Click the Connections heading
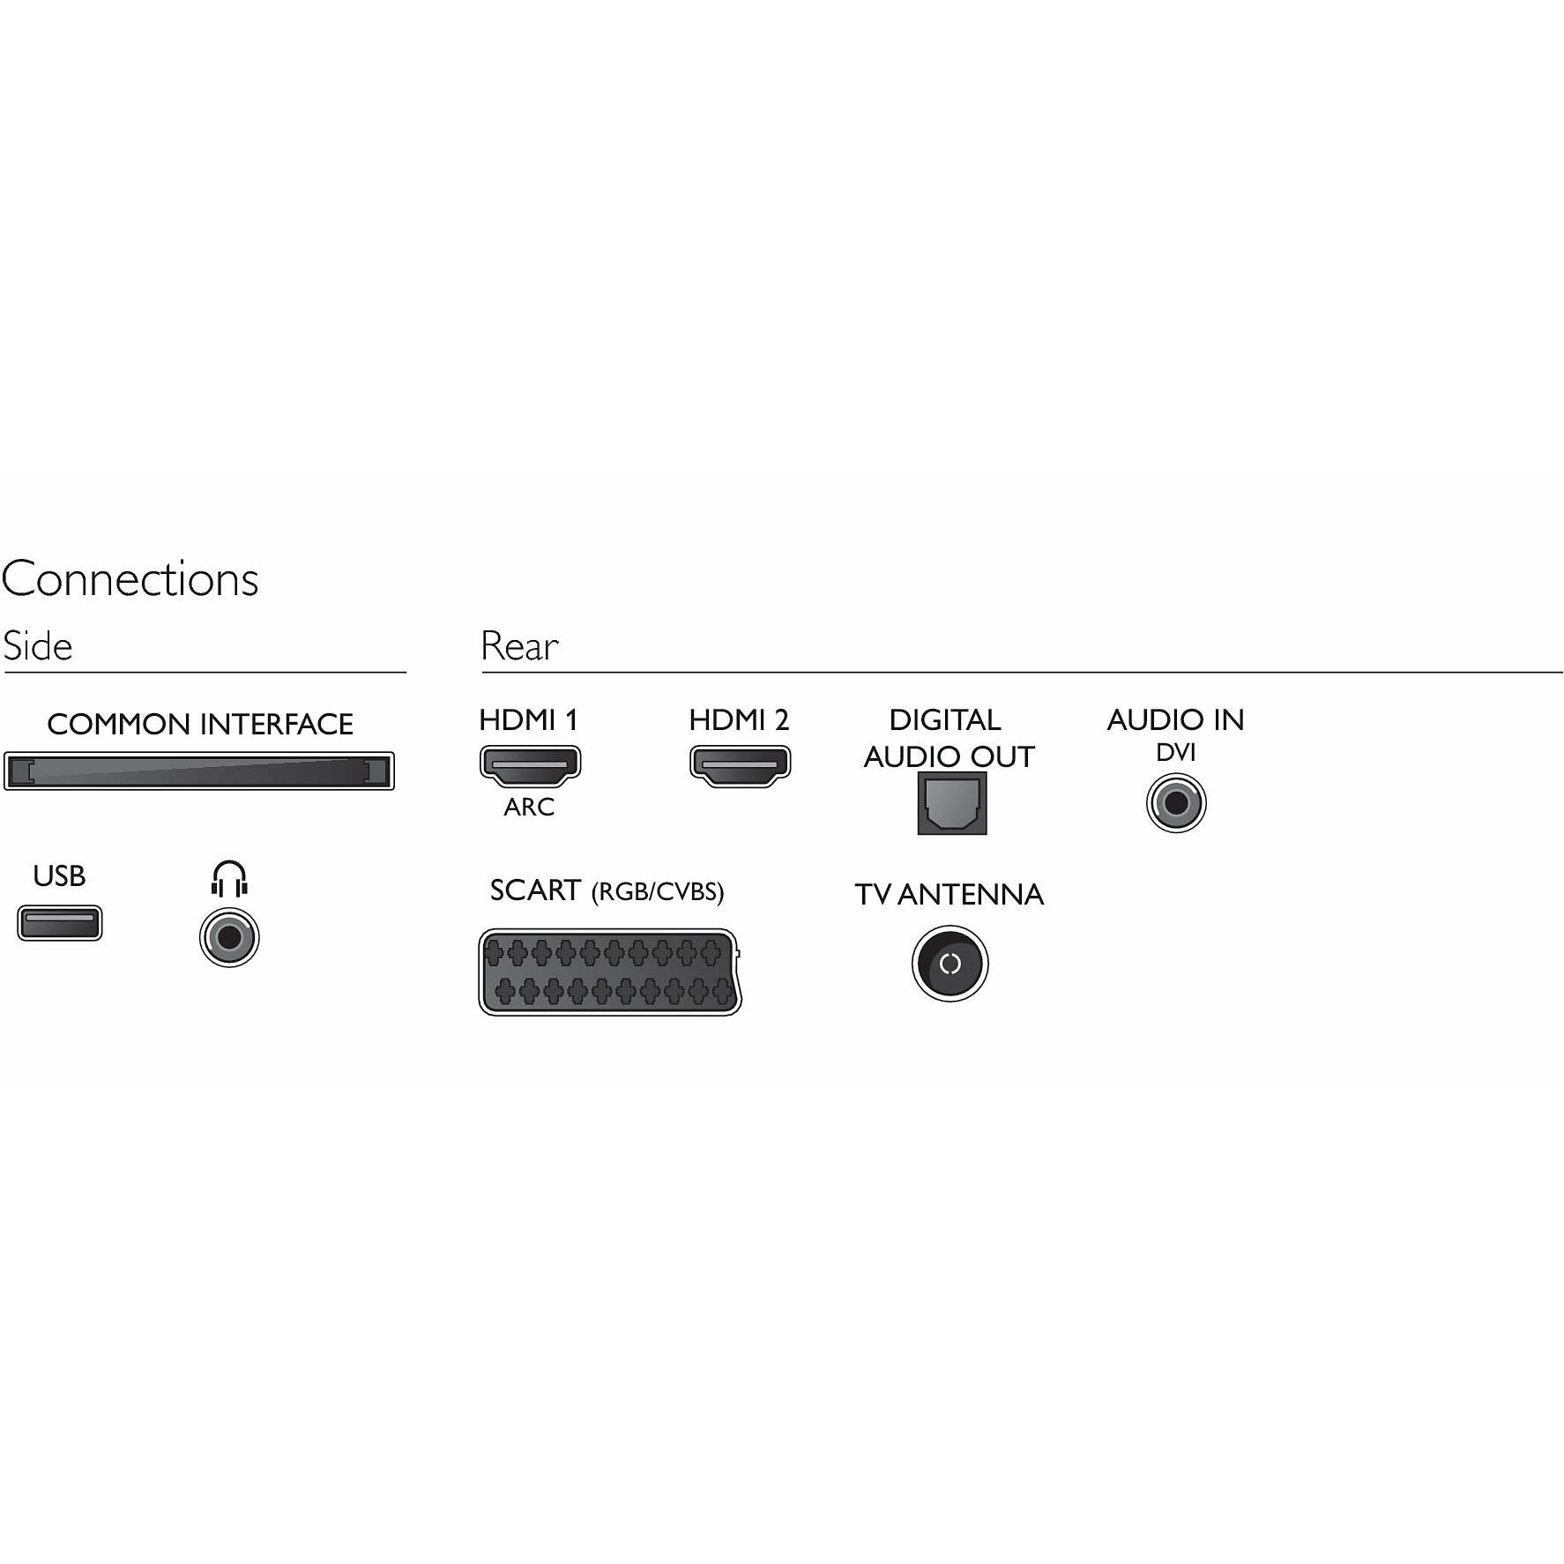[x=130, y=579]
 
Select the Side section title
[x=38, y=645]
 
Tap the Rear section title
[x=519, y=645]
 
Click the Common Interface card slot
[x=199, y=771]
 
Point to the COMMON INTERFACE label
[x=200, y=724]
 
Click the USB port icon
[x=60, y=923]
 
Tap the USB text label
[x=59, y=875]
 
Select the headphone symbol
[x=229, y=879]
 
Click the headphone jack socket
[x=229, y=937]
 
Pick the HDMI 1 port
[x=530, y=765]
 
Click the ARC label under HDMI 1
[x=529, y=807]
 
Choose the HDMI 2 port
[x=740, y=765]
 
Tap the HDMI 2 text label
[x=739, y=719]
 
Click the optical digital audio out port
[x=952, y=803]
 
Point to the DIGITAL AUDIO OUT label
[x=949, y=738]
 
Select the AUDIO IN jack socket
[x=1176, y=803]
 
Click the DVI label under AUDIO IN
[x=1176, y=752]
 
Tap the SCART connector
[x=610, y=972]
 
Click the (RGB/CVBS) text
[x=658, y=892]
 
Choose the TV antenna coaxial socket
[x=950, y=964]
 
